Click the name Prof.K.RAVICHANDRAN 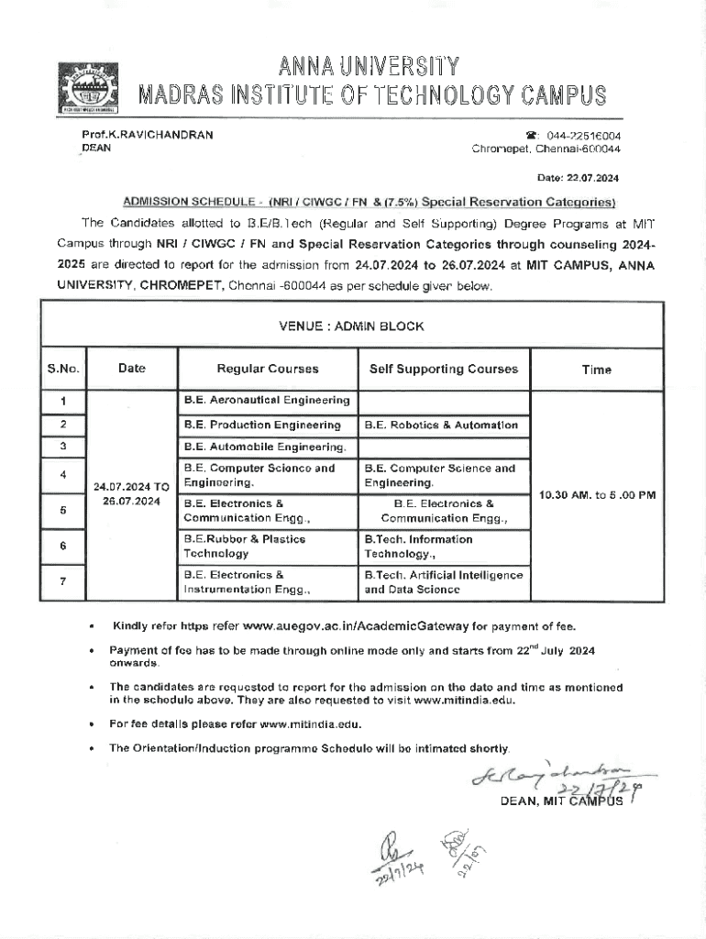coord(147,135)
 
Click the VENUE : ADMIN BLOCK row coord(351,326)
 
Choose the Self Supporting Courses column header coord(443,369)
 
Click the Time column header coord(596,370)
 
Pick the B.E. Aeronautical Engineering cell coord(266,401)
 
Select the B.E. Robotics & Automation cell coord(441,425)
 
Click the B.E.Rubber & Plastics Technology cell coord(245,547)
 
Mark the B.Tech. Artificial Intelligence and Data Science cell coord(444,582)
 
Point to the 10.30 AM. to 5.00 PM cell coord(597,495)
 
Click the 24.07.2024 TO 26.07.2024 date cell coord(132,494)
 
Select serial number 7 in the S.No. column coord(63,581)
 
